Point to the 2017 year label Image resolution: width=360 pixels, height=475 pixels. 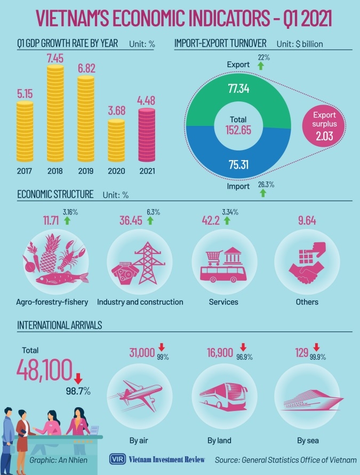tap(25, 172)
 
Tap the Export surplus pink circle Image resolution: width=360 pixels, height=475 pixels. tap(326, 125)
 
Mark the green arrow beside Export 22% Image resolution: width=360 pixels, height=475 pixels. tap(261, 66)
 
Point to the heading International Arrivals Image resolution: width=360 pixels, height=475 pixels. tap(60, 324)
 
